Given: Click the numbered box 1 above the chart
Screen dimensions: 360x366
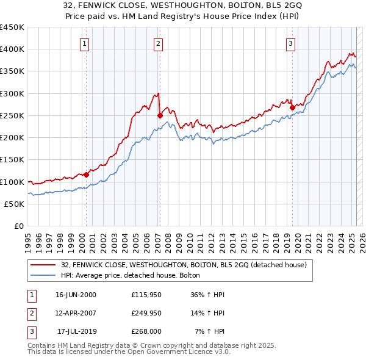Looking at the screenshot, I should tap(84, 43).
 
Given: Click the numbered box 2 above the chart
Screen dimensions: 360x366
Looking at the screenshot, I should tap(158, 43).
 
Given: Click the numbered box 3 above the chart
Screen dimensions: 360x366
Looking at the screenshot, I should tap(291, 43).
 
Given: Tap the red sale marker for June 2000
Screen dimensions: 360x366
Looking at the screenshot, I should tap(86, 175).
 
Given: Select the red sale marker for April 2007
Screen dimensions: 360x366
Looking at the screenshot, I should tap(160, 115).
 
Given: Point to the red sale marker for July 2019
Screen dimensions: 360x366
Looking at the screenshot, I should tap(292, 107).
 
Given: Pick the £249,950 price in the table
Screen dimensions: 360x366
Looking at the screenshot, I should tap(146, 313).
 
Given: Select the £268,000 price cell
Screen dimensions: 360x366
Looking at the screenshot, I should tap(146, 331).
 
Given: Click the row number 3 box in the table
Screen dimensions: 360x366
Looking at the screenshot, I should tap(30, 331).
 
